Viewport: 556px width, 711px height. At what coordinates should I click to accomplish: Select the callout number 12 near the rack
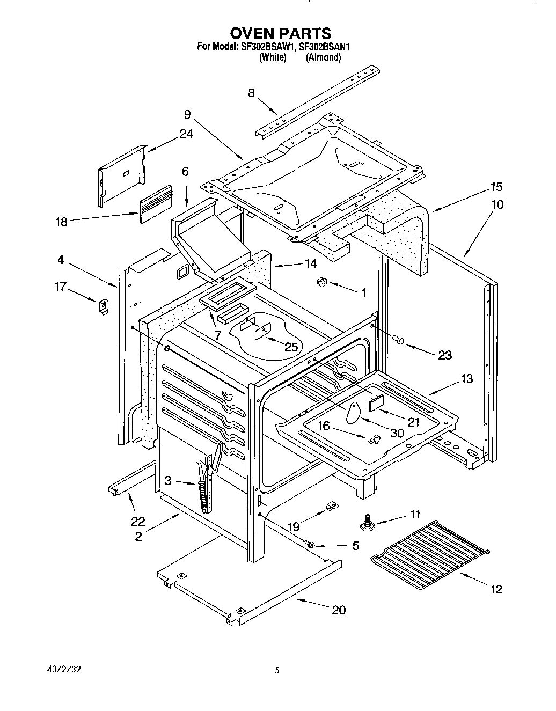point(496,589)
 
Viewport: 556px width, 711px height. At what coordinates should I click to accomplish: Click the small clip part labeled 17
point(103,305)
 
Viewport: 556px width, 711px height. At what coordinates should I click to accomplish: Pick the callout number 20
point(339,610)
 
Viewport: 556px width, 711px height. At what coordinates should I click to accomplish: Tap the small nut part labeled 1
point(323,282)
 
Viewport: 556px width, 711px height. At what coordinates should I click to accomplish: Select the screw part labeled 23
point(398,339)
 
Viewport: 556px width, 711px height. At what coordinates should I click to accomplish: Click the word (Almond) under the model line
point(323,57)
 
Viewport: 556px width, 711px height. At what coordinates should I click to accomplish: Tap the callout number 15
point(496,187)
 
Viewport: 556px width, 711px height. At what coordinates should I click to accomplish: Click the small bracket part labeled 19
point(331,505)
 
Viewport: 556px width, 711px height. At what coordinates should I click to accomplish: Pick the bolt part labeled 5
point(311,544)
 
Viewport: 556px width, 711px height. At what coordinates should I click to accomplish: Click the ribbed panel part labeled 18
point(156,204)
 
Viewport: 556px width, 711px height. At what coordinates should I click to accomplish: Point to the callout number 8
point(251,93)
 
